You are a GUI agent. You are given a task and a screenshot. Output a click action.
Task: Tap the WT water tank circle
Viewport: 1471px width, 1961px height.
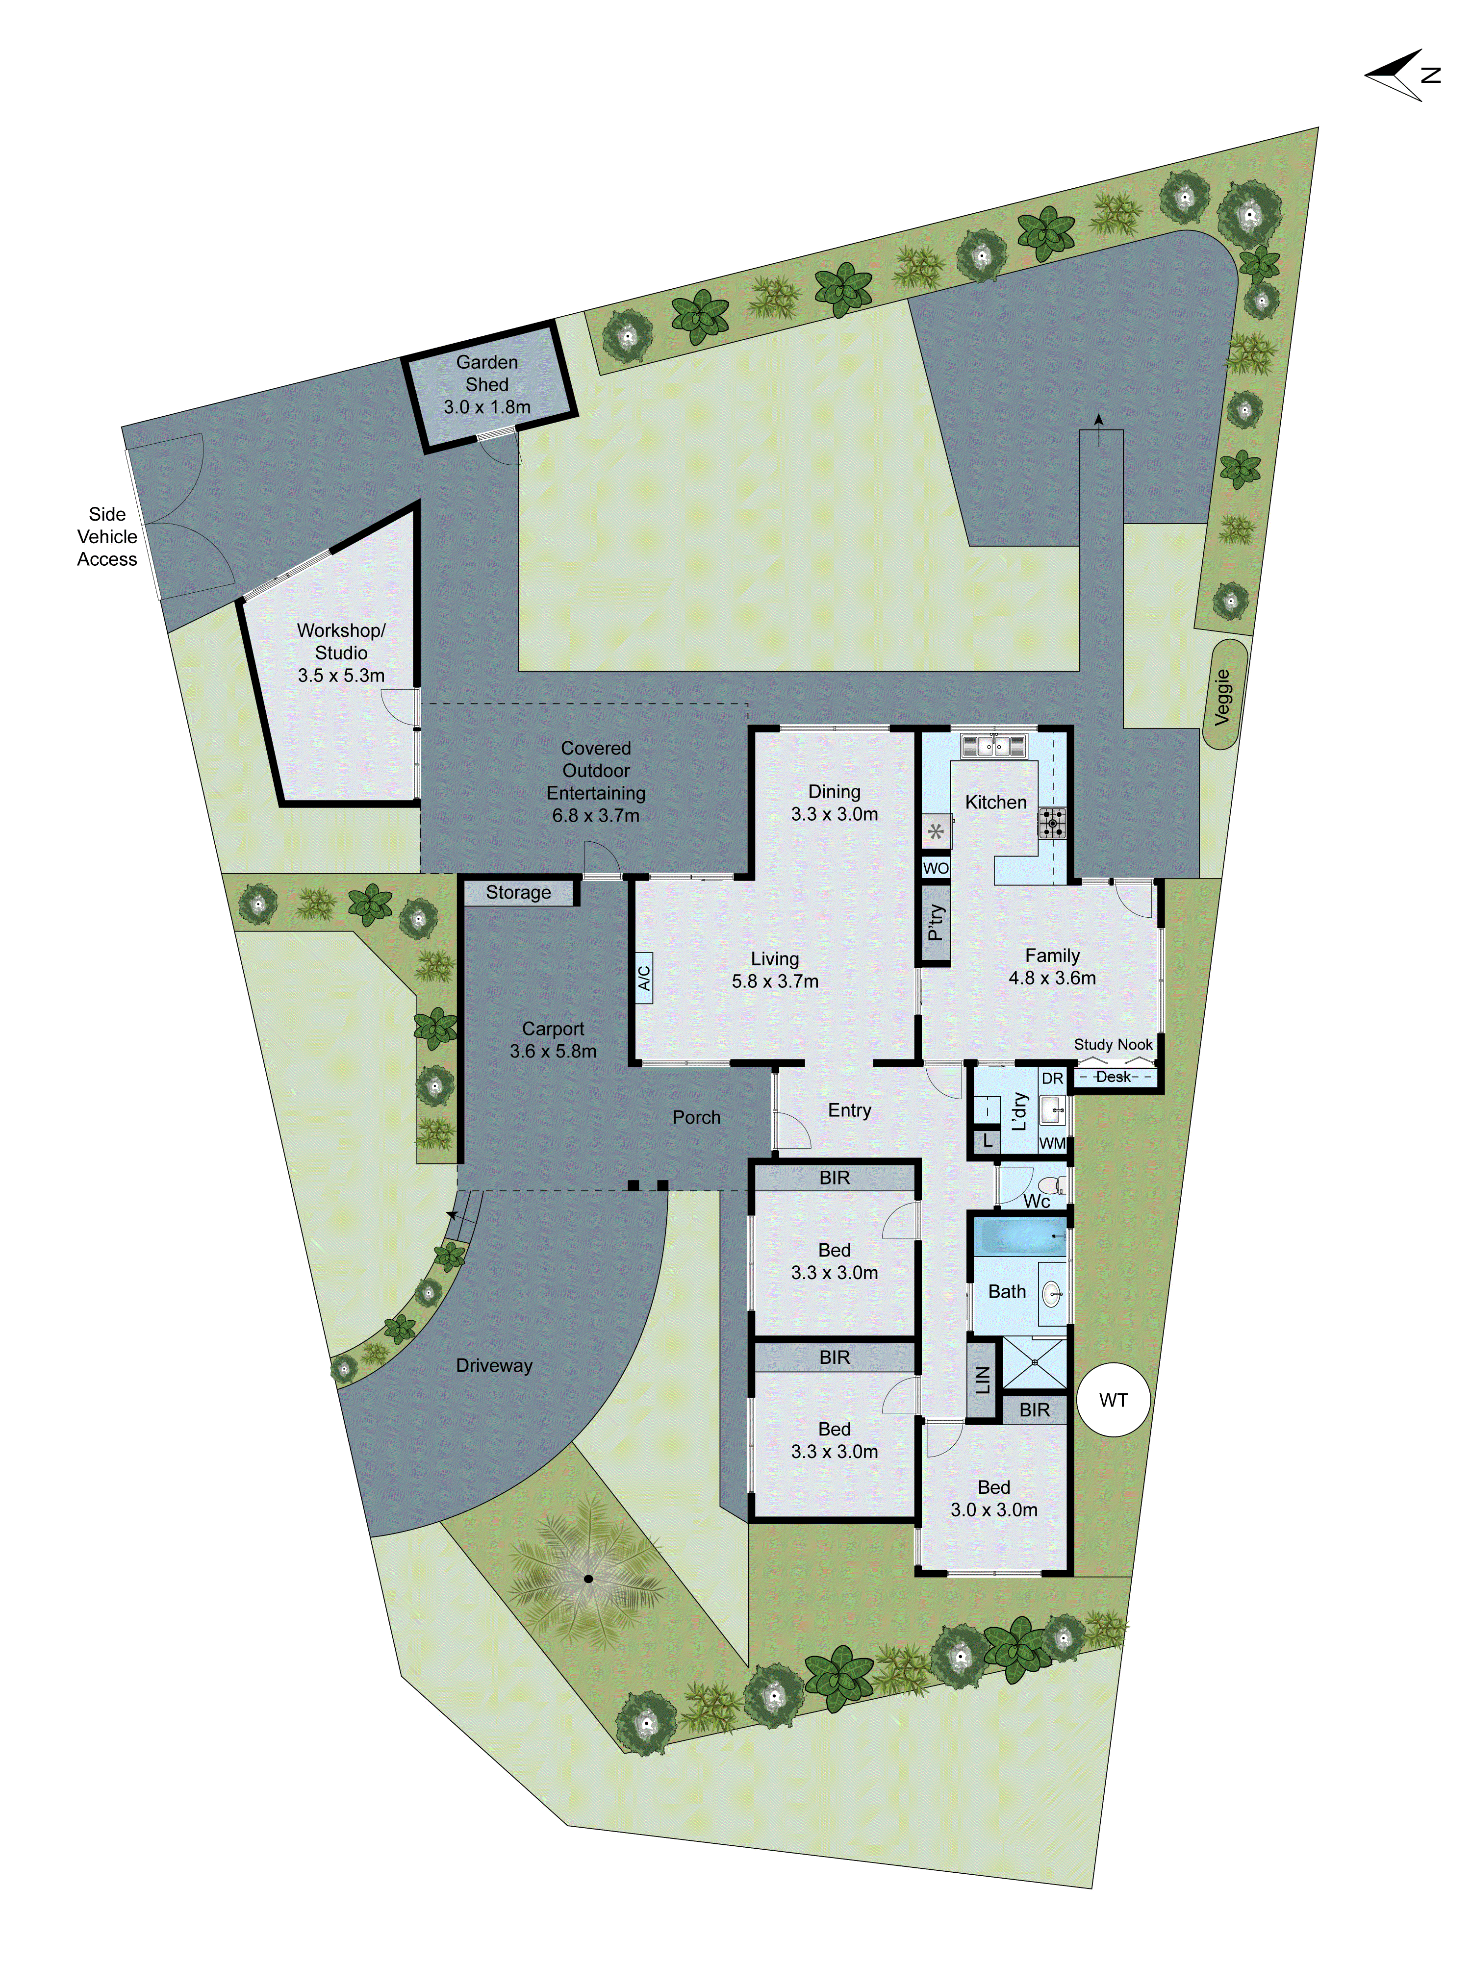coord(1113,1400)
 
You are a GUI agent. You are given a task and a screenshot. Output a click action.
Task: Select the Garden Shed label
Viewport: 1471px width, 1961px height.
coord(487,385)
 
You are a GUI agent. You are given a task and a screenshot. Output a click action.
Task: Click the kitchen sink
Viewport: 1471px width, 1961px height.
coord(993,747)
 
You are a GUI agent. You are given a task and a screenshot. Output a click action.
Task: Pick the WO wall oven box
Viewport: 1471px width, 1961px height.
coord(936,868)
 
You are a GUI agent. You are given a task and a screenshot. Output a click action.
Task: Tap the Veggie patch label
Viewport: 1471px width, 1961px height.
coord(1223,697)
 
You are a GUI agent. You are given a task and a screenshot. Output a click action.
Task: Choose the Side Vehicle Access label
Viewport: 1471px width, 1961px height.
coord(107,536)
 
